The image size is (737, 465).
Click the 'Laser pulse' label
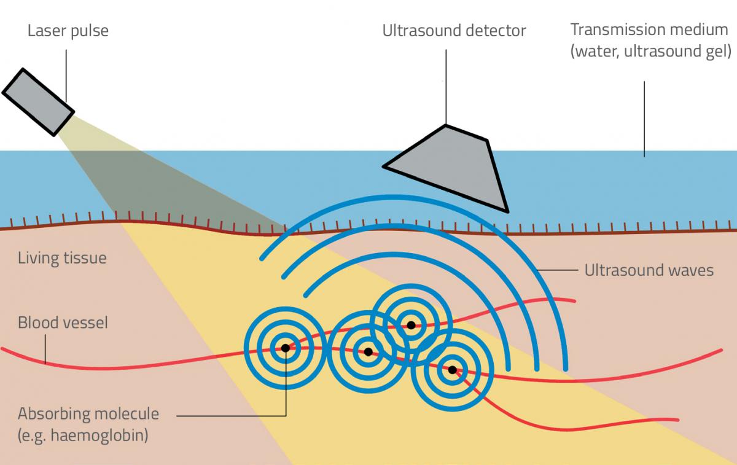[x=68, y=31]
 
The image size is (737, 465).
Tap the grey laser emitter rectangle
[x=38, y=101]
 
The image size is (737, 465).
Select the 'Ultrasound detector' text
[x=454, y=31]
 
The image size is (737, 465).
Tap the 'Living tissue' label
[x=62, y=257]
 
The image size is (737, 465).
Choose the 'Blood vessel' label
[x=63, y=322]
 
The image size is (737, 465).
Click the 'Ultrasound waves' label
[x=649, y=270]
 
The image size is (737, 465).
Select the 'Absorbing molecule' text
[x=88, y=413]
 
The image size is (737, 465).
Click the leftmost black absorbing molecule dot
[x=285, y=348]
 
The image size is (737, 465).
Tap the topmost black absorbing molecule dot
[x=410, y=325]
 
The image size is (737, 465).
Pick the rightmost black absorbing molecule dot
[x=452, y=370]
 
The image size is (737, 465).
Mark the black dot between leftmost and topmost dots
[x=368, y=352]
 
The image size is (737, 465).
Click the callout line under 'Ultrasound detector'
[x=446, y=86]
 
